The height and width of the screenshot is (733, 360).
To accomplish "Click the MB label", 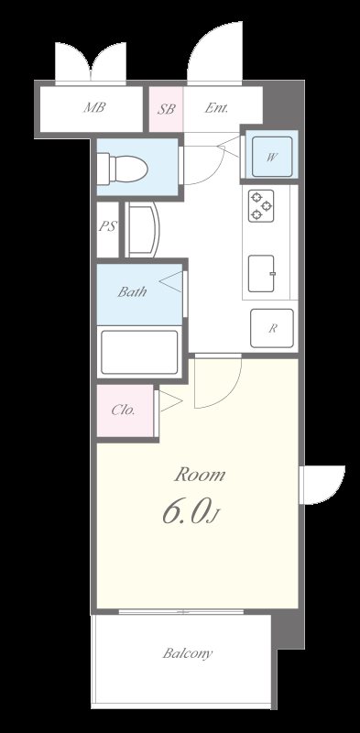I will pyautogui.click(x=94, y=108).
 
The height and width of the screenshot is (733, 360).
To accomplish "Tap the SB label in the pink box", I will pyautogui.click(x=167, y=108).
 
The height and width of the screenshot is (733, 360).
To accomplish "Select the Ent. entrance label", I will pyautogui.click(x=216, y=108).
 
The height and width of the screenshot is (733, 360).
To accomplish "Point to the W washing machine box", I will pyautogui.click(x=272, y=156).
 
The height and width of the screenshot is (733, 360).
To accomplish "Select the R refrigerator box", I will pyautogui.click(x=272, y=328).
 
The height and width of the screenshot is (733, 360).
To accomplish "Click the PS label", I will pyautogui.click(x=108, y=226).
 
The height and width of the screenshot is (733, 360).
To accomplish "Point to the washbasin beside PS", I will pyautogui.click(x=142, y=228).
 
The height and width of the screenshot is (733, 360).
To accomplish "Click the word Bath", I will pyautogui.click(x=132, y=293).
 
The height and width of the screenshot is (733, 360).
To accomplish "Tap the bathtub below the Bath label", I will pyautogui.click(x=138, y=351).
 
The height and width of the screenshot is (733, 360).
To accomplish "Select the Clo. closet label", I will pyautogui.click(x=124, y=410).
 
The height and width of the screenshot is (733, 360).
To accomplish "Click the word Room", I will pyautogui.click(x=200, y=475).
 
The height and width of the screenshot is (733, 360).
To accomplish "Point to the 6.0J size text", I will pyautogui.click(x=191, y=512).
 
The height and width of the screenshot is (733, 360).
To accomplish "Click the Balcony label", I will pyautogui.click(x=189, y=653).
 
